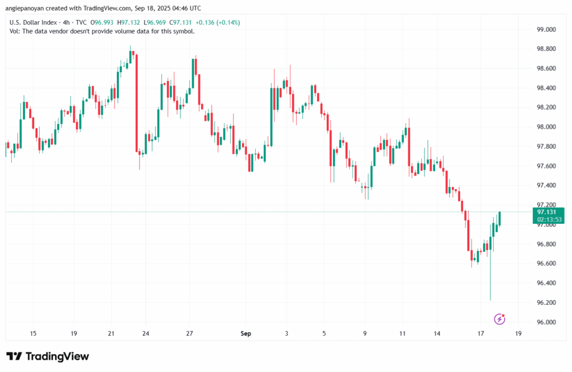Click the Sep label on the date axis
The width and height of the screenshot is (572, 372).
pos(246,333)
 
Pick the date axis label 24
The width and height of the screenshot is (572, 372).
pos(145,333)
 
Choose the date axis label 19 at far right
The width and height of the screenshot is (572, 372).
pos(518,333)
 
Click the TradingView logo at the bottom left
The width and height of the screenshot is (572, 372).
pos(47,356)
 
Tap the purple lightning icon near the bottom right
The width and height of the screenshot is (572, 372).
pos(500,319)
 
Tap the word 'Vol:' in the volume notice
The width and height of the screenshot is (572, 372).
pos(16,31)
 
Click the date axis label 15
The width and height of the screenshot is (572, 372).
pos(33,333)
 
